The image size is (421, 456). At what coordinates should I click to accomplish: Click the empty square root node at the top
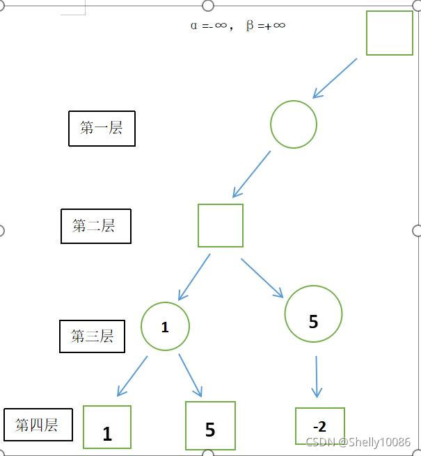[x=389, y=33]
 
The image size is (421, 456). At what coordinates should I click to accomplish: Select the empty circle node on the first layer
[x=294, y=124]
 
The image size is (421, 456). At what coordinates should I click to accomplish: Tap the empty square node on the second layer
[x=221, y=225]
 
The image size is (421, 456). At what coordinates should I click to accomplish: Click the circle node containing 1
[x=165, y=326]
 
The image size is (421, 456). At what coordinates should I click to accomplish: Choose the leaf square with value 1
[x=107, y=427]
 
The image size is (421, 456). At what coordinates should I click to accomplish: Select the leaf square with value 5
[x=210, y=425]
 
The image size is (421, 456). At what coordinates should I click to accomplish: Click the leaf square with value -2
[x=319, y=425]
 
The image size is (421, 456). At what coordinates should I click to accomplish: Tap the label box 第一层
[x=102, y=128]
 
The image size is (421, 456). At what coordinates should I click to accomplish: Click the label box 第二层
[x=95, y=226]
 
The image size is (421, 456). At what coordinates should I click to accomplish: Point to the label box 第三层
[x=92, y=336]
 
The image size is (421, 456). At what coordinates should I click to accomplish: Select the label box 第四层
[x=38, y=425]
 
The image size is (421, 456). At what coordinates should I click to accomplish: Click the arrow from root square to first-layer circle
[x=335, y=78]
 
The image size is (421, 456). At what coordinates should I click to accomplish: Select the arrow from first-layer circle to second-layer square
[x=251, y=174]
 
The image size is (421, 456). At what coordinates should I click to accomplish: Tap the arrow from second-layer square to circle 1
[x=194, y=277]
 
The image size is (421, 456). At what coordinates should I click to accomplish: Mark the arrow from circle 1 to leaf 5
[x=190, y=375]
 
